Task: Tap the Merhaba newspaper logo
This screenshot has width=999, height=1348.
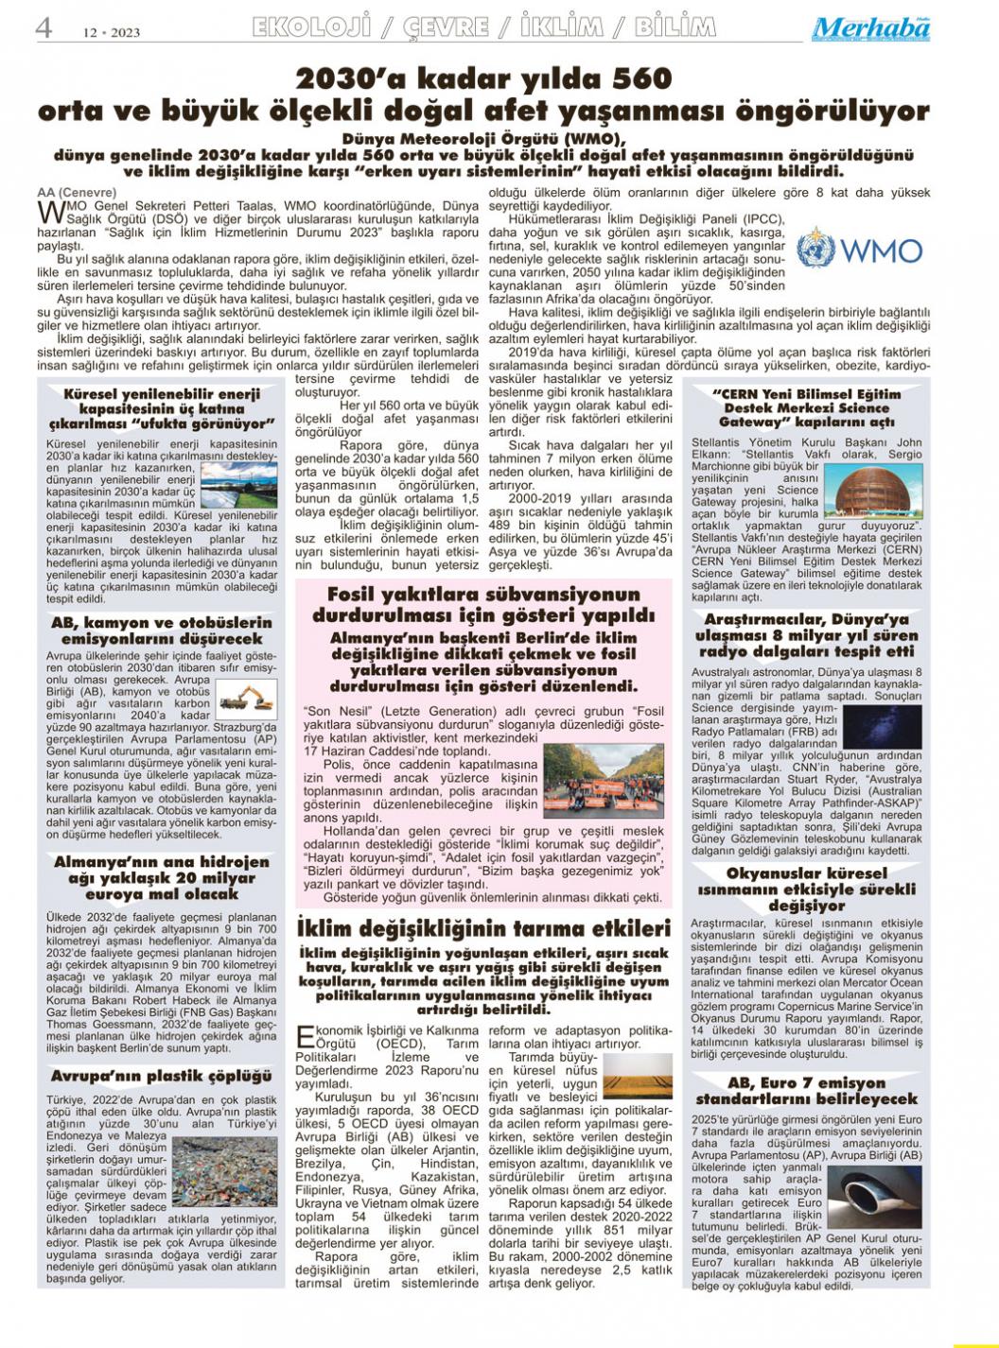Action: [870, 29]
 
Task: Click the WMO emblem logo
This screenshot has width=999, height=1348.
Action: [815, 249]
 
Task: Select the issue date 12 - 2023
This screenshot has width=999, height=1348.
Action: [111, 32]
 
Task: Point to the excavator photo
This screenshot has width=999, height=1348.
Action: [245, 698]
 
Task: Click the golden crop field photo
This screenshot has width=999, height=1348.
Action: [638, 1075]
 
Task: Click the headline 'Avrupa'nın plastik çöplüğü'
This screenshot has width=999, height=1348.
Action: [161, 1076]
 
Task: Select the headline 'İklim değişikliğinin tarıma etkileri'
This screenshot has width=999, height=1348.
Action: [483, 928]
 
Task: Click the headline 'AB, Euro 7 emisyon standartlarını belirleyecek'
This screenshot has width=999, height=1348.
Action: [806, 1090]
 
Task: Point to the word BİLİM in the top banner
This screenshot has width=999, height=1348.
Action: [675, 27]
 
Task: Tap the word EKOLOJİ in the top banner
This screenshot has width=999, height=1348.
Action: [310, 27]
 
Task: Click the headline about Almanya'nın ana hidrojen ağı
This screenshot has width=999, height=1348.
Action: [161, 877]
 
